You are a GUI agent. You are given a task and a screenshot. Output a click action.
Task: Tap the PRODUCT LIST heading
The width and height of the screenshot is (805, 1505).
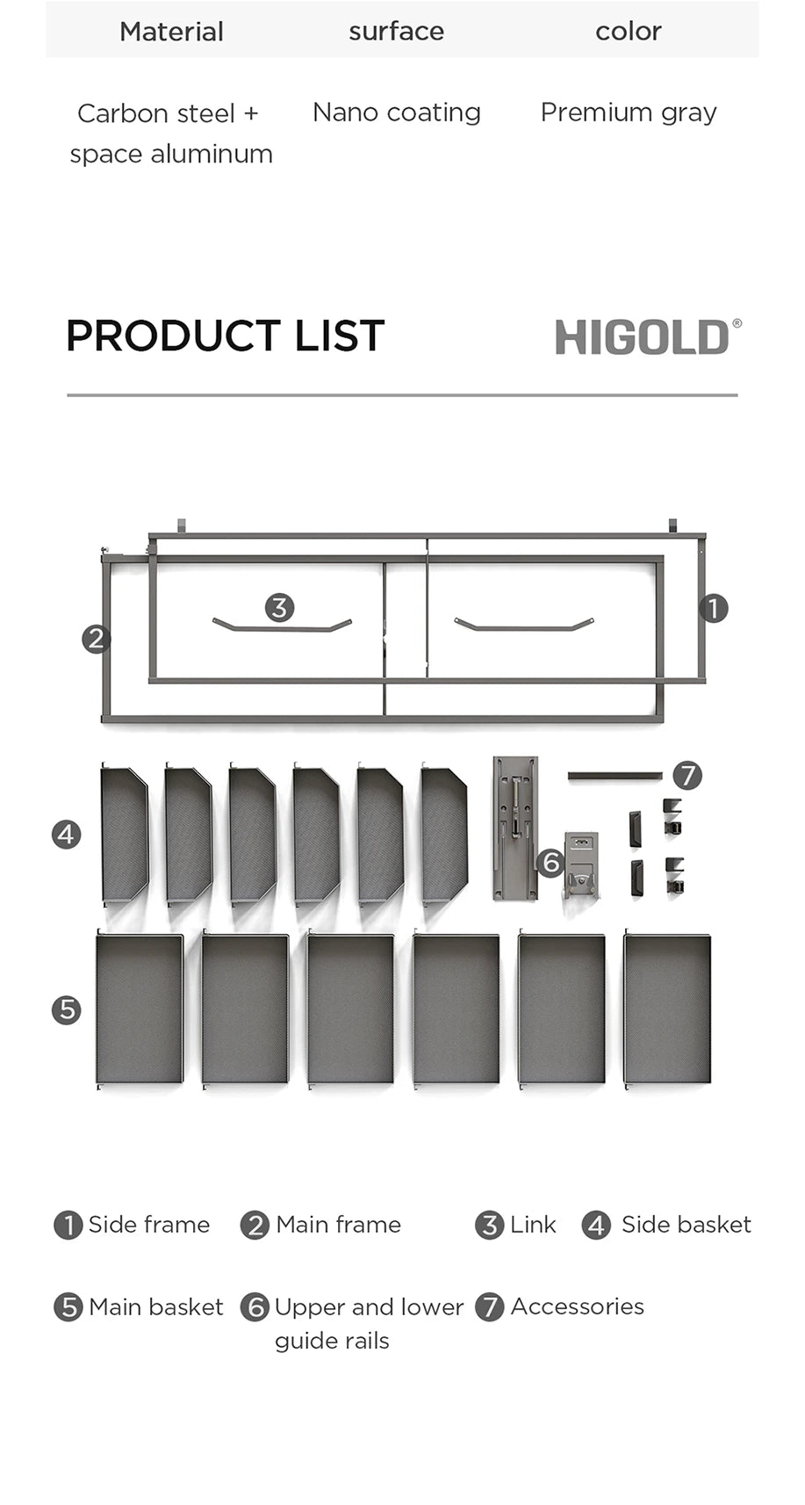(226, 336)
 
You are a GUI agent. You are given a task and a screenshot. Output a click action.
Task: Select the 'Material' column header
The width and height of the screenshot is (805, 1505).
(171, 32)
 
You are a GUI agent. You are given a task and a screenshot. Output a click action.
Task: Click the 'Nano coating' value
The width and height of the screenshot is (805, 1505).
(396, 112)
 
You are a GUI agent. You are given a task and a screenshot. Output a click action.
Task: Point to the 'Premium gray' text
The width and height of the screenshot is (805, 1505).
(629, 112)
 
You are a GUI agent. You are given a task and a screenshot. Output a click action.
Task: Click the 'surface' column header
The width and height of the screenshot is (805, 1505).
(396, 32)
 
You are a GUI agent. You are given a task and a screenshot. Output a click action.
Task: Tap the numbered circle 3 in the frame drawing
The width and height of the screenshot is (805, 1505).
(279, 607)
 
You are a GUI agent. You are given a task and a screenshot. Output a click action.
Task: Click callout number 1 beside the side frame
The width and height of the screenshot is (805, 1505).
(714, 608)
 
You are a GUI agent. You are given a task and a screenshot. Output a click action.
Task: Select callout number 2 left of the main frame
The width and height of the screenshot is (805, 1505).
(96, 639)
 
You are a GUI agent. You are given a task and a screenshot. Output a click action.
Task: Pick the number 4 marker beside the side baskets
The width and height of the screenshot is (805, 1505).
(67, 834)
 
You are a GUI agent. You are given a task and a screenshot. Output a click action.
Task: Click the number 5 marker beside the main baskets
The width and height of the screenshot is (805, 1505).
(67, 1009)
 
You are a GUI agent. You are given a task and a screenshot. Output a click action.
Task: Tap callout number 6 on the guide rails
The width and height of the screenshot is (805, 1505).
(550, 863)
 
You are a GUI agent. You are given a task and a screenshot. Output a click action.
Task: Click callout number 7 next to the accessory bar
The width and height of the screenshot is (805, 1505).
(687, 776)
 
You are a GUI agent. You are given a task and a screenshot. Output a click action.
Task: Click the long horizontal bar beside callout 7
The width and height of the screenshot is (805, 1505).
(615, 776)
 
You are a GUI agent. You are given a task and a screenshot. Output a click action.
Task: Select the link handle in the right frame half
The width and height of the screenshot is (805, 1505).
(524, 626)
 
